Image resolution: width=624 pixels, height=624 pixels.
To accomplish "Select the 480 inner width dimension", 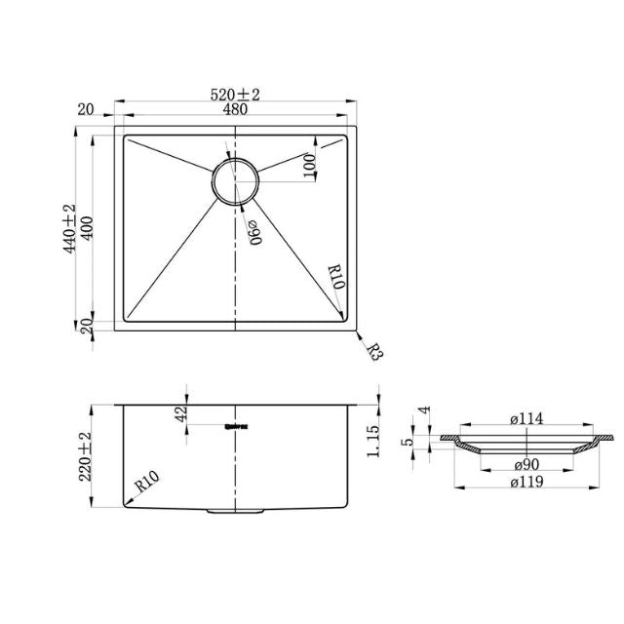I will [x=235, y=110].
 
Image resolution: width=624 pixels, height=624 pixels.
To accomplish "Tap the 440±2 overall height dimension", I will [x=69, y=230].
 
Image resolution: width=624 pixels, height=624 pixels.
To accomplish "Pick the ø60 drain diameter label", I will [x=253, y=232].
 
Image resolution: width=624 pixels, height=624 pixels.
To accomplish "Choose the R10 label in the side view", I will [x=147, y=480].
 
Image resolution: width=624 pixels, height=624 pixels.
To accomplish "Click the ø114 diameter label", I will [x=526, y=419].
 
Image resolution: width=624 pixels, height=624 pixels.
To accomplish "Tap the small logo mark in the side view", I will [x=235, y=425].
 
